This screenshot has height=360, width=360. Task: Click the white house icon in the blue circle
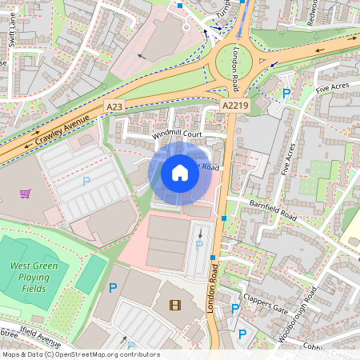(x=180, y=172)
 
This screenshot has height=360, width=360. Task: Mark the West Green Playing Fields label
(x=33, y=277)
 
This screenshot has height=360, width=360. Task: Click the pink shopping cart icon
(x=26, y=193)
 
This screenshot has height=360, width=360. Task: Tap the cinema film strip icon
(x=175, y=304)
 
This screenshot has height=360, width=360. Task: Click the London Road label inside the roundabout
(x=236, y=66)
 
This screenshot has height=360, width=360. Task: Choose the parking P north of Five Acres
(x=286, y=94)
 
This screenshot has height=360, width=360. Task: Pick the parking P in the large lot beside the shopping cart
(x=86, y=182)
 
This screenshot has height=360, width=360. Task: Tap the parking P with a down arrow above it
(x=199, y=246)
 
